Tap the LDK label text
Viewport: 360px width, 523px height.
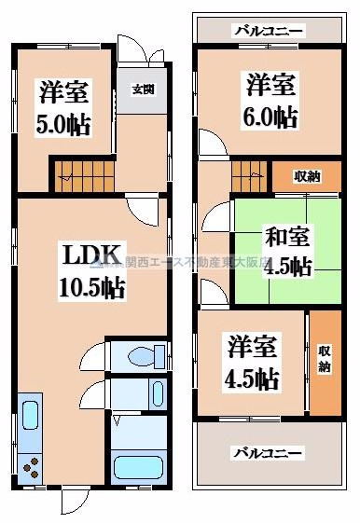(90, 254)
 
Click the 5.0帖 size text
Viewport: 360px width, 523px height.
(63, 124)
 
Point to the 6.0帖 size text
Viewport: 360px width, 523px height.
(271, 116)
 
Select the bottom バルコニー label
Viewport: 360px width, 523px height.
(267, 453)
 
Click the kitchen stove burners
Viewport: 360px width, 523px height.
(30, 463)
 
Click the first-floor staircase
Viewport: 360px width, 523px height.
(81, 172)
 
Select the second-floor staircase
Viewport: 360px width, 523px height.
(249, 173)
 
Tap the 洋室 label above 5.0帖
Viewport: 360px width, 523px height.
(63, 93)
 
